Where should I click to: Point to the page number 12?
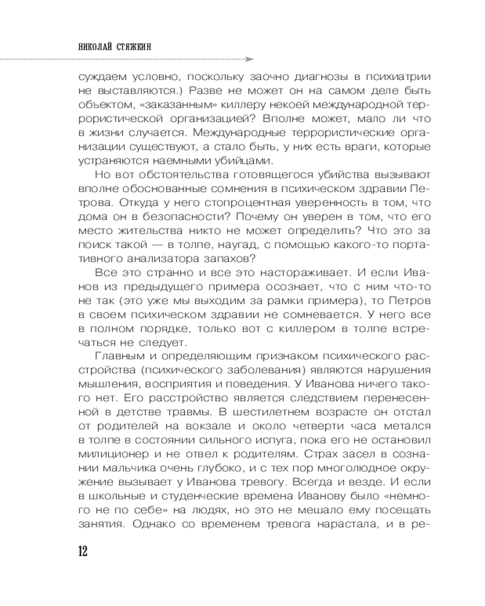click(x=83, y=551)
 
